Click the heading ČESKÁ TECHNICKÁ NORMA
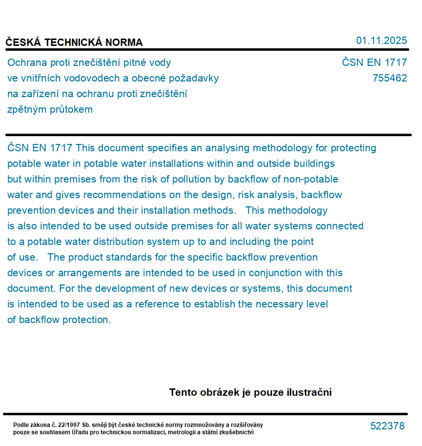pyautogui.click(x=74, y=42)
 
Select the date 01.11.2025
pyautogui.click(x=381, y=41)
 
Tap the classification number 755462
pyautogui.click(x=389, y=78)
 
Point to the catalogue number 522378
pyautogui.click(x=387, y=426)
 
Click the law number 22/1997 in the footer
pyautogui.click(x=69, y=425)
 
